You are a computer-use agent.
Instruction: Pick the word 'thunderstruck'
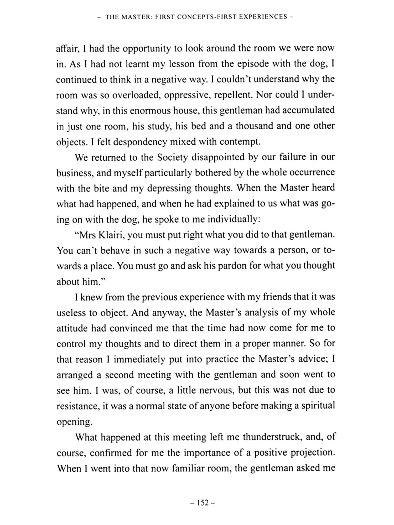click(x=272, y=437)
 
